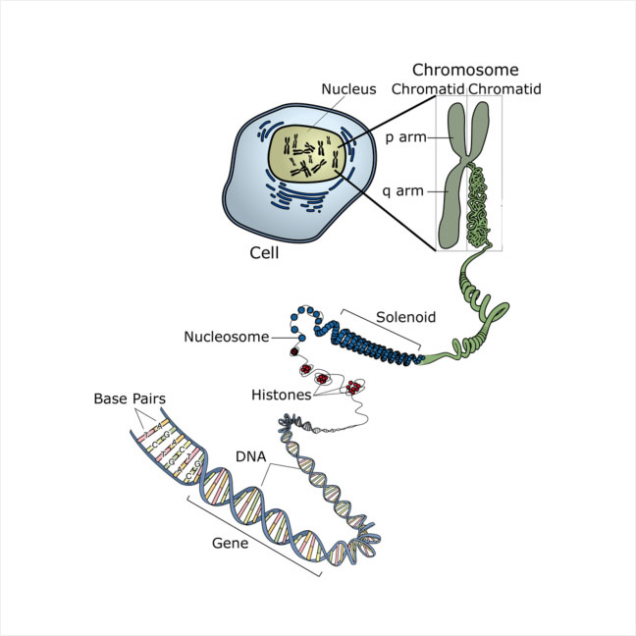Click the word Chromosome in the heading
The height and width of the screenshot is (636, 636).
464,70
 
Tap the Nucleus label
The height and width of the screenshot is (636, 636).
348,89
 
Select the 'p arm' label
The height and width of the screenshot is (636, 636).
404,136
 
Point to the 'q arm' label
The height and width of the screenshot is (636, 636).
404,190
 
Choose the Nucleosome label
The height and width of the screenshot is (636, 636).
226,338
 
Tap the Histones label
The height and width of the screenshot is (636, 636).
280,395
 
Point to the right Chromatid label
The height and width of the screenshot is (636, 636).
504,89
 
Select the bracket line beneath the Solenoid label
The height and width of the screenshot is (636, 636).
383,330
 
